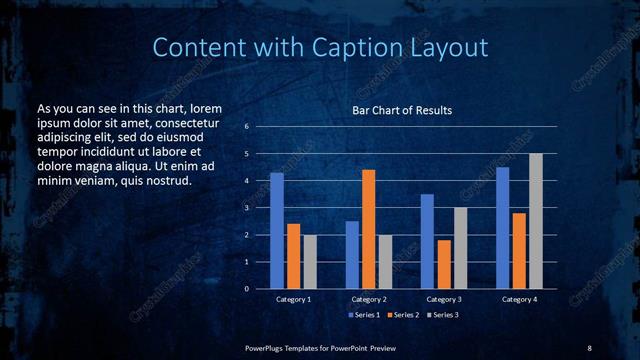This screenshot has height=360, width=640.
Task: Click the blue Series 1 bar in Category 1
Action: click(277, 231)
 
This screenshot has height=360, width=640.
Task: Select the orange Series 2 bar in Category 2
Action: click(368, 229)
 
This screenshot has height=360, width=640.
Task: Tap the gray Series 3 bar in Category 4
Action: click(535, 221)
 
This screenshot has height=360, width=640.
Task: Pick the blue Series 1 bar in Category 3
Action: click(427, 241)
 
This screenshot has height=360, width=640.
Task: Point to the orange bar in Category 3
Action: click(443, 264)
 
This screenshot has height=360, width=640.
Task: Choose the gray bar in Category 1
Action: click(310, 262)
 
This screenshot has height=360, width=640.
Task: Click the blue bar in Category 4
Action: click(502, 228)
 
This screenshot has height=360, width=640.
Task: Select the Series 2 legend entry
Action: click(404, 314)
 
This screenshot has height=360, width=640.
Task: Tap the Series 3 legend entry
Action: click(445, 314)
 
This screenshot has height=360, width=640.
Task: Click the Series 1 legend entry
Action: click(362, 314)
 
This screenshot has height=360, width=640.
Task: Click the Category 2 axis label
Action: click(369, 299)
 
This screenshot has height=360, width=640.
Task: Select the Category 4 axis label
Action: click(519, 299)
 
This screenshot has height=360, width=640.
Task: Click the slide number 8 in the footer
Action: click(589, 347)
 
